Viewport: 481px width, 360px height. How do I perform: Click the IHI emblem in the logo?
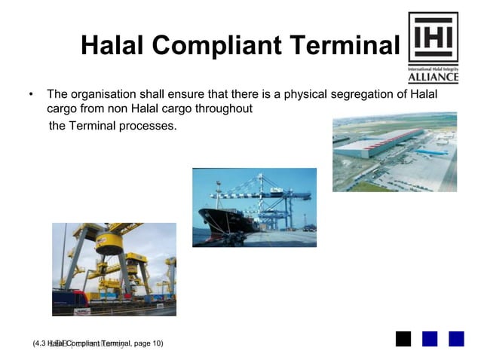433,37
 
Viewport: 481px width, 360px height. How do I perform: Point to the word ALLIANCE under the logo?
433,77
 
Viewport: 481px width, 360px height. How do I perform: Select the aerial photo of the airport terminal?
394,151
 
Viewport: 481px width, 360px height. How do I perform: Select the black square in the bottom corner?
403,339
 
